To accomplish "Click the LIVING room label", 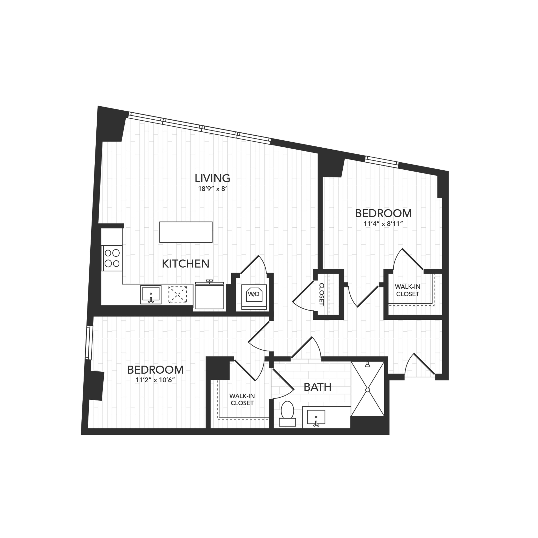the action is pos(213,178).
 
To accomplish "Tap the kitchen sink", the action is pos(151,294).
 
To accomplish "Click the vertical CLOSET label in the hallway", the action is pos(322,294).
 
